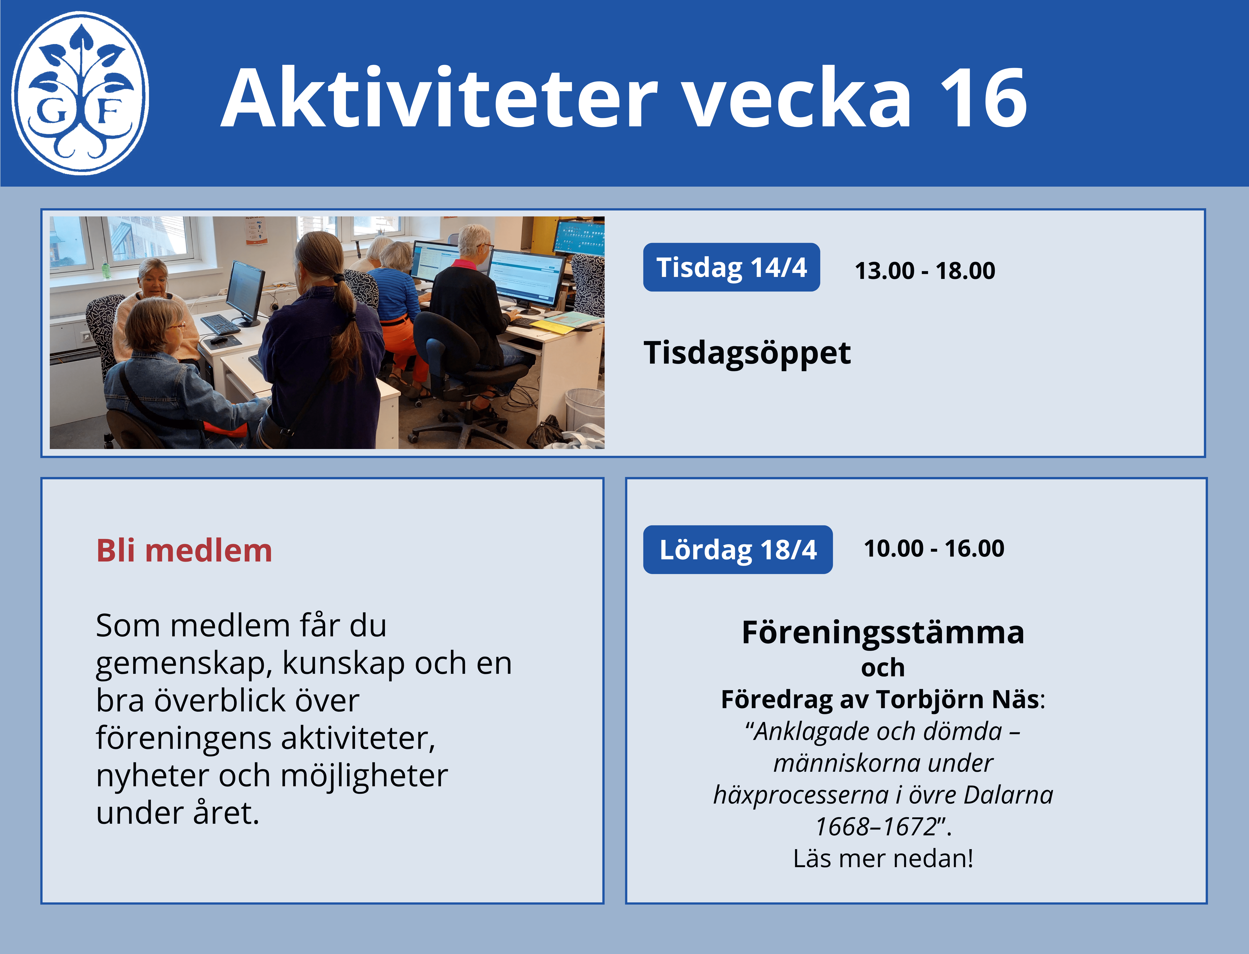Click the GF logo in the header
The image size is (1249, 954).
(x=81, y=92)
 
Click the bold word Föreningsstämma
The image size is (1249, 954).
(x=883, y=632)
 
